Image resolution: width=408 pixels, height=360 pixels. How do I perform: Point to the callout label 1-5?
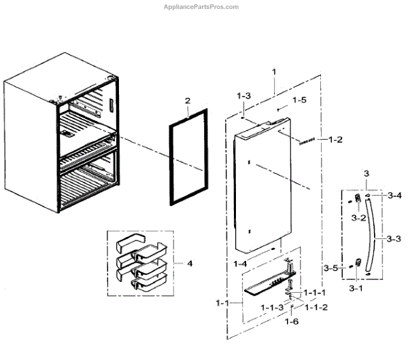tap(300, 100)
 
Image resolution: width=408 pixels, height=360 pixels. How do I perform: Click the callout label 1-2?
tap(335, 141)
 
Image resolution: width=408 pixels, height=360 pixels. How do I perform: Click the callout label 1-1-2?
tap(317, 306)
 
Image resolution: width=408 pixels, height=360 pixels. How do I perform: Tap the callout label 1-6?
tap(291, 322)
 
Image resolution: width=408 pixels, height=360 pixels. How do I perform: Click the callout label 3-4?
tap(393, 195)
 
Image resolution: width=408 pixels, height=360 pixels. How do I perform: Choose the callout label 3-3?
tap(392, 239)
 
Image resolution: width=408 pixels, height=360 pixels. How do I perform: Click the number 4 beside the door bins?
tap(190, 264)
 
